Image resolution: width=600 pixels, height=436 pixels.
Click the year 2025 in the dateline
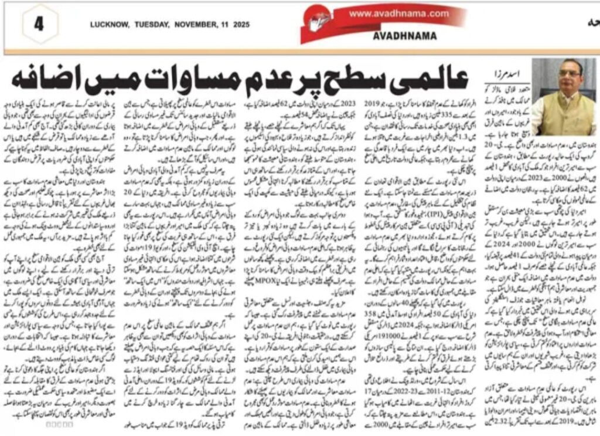click(x=240, y=25)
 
